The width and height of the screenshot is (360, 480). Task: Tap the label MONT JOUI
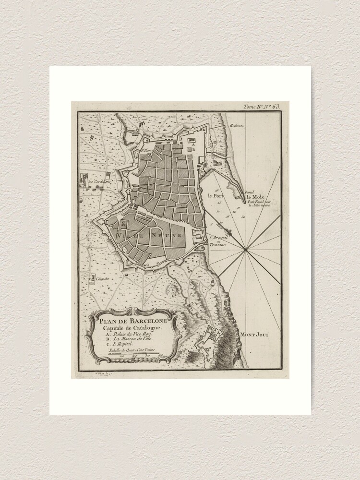(255, 335)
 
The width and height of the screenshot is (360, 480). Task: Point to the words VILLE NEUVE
(149, 236)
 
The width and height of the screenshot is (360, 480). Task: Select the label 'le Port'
(216, 196)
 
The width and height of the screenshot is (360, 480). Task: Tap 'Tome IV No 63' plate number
(262, 107)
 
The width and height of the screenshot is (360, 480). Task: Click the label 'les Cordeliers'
(99, 181)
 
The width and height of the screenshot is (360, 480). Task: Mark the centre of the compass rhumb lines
(245, 250)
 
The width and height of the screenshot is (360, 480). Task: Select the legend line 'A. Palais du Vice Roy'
(127, 333)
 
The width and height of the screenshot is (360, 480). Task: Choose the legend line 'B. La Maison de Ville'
(127, 338)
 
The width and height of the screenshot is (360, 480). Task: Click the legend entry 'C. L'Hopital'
(118, 345)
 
